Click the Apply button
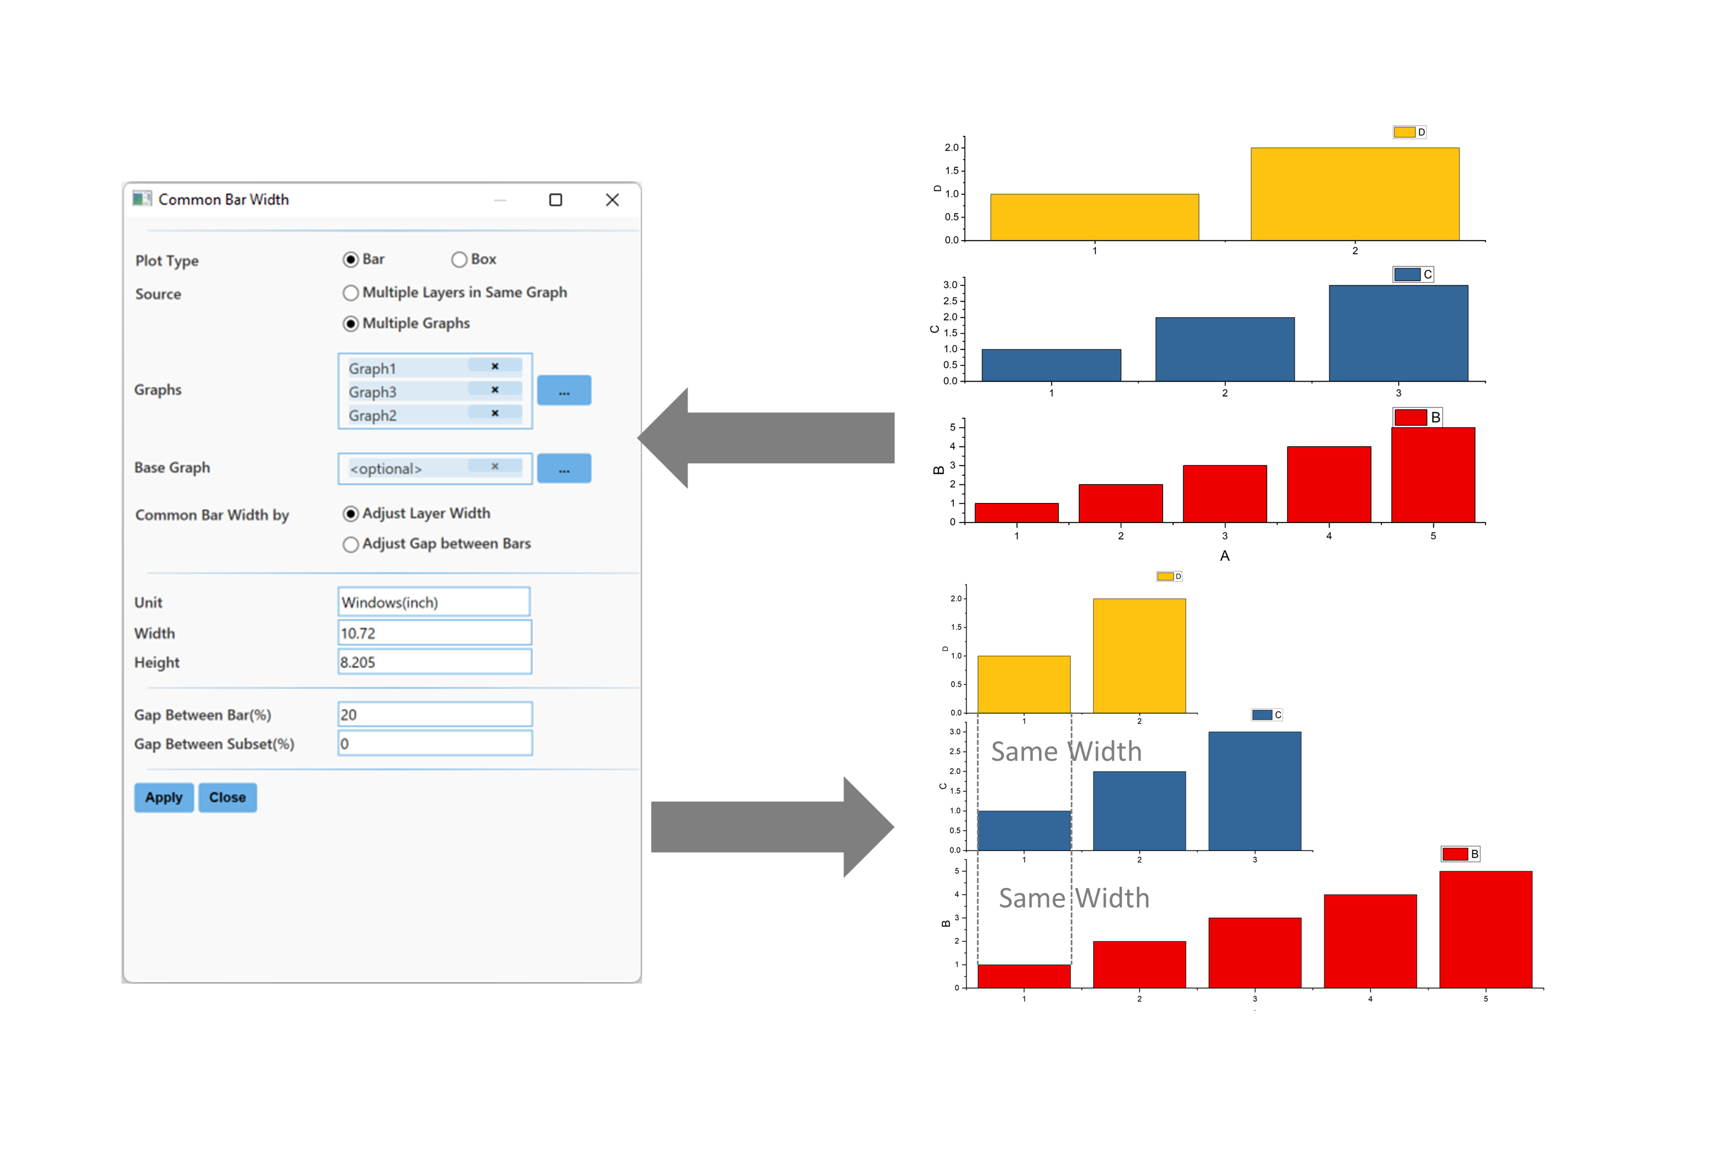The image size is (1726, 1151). click(163, 797)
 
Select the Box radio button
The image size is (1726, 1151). click(459, 260)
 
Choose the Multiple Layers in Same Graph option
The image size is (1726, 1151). click(351, 293)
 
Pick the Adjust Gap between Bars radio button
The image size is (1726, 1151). click(351, 544)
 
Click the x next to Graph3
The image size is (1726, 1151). click(495, 390)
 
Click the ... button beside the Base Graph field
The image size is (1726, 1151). click(564, 468)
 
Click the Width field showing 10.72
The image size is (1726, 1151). click(434, 632)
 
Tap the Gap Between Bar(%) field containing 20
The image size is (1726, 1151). click(434, 714)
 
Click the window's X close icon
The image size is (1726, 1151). click(612, 200)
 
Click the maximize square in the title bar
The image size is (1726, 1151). click(556, 200)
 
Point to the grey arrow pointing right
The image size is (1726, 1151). click(770, 828)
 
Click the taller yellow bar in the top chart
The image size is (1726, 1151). click(1355, 194)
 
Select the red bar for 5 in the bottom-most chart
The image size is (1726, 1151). click(1486, 929)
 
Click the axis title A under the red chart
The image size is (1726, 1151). click(1225, 557)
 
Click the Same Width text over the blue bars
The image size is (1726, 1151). click(1066, 752)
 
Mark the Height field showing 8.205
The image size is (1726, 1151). click(434, 662)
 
